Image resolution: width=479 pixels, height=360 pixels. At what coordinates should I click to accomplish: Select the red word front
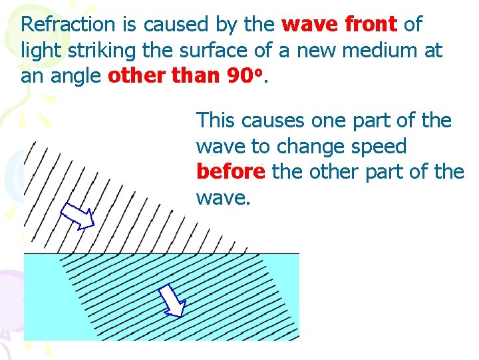[x=371, y=25]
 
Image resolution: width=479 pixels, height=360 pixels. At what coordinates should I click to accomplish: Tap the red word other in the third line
[x=135, y=75]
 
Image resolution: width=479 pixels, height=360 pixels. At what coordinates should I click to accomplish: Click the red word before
[x=231, y=171]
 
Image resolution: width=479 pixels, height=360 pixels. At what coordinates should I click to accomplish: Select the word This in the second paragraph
[x=216, y=121]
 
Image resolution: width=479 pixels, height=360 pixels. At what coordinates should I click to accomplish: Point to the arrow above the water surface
[x=77, y=215]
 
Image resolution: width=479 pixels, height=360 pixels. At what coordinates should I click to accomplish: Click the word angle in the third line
[x=77, y=75]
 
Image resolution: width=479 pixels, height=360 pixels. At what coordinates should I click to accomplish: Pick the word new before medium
[x=318, y=50]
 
